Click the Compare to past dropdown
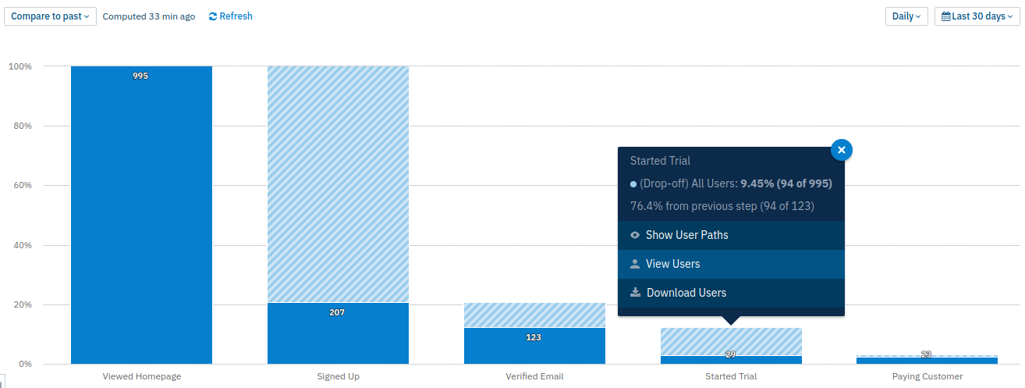coord(50,16)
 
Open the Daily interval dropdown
coord(906,16)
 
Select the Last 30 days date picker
coord(977,16)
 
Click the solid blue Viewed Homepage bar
coord(141,219)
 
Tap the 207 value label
coord(337,312)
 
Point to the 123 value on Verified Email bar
coord(534,337)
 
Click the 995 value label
coord(140,76)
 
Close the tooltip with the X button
coord(842,150)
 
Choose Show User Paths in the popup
coord(686,235)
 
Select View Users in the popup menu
coord(672,264)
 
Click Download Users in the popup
coord(686,293)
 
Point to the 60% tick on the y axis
coord(21,186)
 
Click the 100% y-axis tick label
coord(20,66)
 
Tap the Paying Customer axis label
coord(927,376)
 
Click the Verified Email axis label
coord(534,376)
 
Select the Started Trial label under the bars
coord(731,376)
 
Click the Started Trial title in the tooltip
coord(660,161)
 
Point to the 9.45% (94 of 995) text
coord(786,183)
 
